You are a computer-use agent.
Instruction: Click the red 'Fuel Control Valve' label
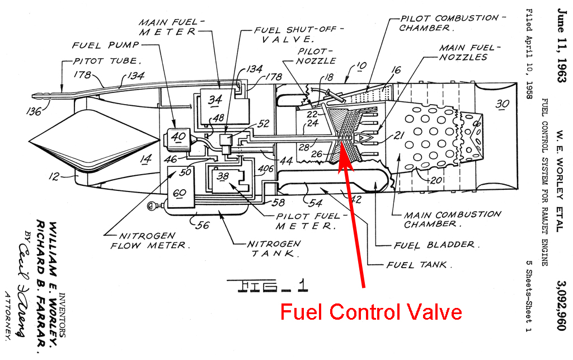371,312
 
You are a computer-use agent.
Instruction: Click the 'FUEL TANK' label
419,265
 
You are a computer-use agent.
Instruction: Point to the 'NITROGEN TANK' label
274,249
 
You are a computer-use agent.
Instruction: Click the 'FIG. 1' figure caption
267,286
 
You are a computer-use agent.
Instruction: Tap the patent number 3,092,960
561,306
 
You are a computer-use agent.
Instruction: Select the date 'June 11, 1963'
562,45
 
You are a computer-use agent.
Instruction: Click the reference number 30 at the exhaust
502,104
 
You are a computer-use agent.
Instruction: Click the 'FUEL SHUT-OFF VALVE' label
298,34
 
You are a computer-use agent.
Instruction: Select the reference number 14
146,159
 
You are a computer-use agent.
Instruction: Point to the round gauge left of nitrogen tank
151,206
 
